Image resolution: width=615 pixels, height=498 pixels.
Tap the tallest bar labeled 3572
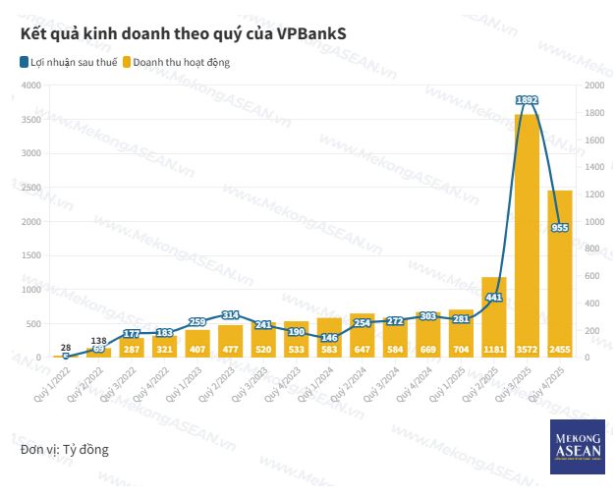pos(527,236)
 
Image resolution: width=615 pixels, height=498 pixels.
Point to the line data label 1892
pos(528,100)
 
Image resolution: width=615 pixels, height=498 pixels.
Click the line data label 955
pos(560,228)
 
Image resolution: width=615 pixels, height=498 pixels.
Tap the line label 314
pos(231,314)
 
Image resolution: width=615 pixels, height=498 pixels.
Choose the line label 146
pos(329,337)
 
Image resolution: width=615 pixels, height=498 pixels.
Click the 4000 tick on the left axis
pos(30,85)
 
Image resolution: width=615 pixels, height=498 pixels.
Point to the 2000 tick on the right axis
pos(593,85)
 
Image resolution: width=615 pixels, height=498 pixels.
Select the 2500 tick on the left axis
pos(30,188)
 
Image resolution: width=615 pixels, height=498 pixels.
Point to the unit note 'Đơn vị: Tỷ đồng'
pos(64,450)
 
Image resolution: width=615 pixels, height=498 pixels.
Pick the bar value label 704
pos(461,349)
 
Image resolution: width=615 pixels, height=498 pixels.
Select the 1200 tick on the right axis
pos(593,194)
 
